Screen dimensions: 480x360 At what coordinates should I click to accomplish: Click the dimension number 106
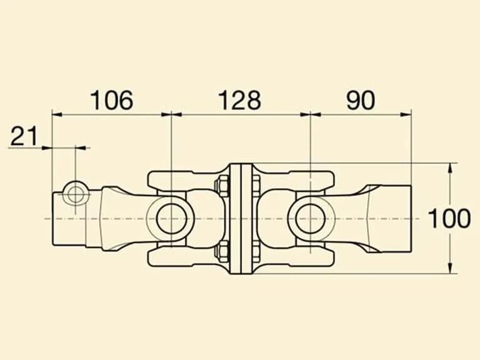point(112,100)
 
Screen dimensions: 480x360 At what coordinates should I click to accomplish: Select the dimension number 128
point(240,100)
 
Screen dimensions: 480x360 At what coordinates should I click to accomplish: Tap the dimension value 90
point(360,100)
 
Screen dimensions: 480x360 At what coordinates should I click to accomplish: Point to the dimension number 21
point(24,136)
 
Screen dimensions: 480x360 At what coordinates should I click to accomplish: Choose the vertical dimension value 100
point(449,219)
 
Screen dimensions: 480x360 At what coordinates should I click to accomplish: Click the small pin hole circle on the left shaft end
point(75,194)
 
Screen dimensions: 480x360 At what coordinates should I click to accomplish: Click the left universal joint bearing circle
point(172,219)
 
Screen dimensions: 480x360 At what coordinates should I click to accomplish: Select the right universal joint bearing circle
point(311,219)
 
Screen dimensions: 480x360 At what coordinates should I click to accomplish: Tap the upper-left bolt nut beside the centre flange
point(222,186)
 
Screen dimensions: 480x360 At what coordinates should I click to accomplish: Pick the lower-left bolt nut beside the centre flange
point(222,251)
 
